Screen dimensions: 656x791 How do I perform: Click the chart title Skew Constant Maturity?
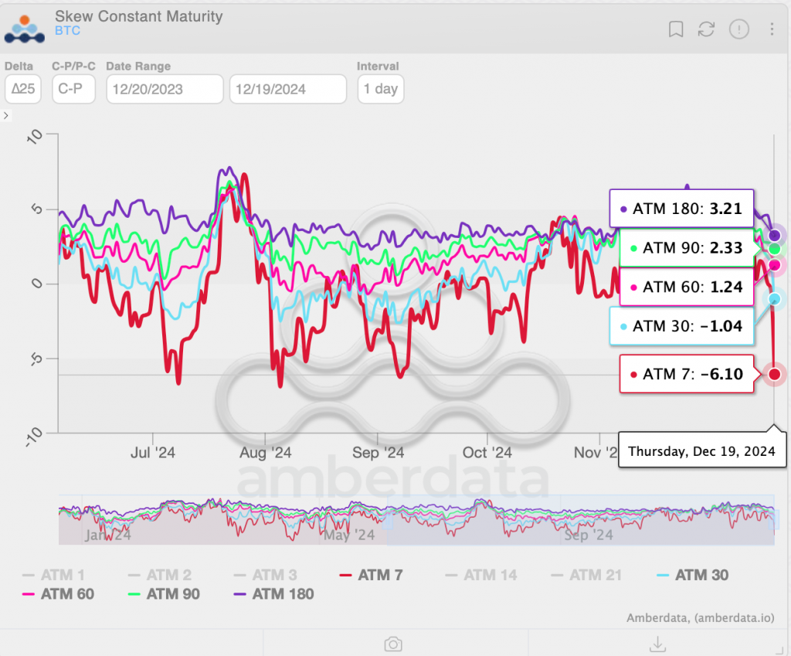coord(138,16)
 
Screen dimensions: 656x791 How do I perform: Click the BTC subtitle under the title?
coord(67,31)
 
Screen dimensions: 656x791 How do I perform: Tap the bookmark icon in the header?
coord(676,29)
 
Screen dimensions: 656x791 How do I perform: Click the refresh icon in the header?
coord(706,29)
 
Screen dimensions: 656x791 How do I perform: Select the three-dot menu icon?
coord(772,29)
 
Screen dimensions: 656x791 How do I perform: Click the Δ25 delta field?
coord(22,89)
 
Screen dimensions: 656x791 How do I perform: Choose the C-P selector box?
coord(73,89)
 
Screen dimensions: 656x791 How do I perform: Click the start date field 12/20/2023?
coord(164,89)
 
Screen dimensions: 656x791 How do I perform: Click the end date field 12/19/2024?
coord(287,89)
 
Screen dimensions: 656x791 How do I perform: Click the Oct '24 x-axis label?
coord(487,453)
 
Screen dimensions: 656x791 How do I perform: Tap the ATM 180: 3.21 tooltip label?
coord(682,209)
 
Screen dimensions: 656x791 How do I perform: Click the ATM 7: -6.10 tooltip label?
coord(687,374)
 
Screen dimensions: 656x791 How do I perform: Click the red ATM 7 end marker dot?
coord(774,375)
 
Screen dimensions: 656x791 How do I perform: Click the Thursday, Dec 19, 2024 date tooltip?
coord(701,450)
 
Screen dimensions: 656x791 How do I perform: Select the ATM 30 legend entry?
coord(693,575)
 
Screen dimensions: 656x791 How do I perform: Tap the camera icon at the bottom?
coord(393,644)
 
